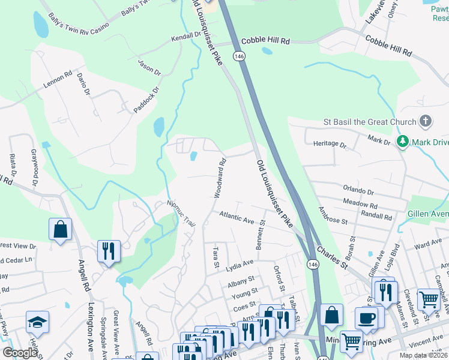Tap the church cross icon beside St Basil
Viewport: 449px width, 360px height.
pyautogui.click(x=425, y=122)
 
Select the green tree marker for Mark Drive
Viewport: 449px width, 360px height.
pyautogui.click(x=402, y=142)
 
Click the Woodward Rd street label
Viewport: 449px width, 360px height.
pyautogui.click(x=220, y=178)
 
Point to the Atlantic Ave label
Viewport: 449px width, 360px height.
pyautogui.click(x=237, y=217)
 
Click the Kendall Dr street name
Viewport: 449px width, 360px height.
pyautogui.click(x=185, y=36)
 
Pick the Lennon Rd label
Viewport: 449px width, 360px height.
pyautogui.click(x=57, y=82)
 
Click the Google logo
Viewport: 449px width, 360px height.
pyautogui.click(x=20, y=353)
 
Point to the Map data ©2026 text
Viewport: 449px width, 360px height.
pyautogui.click(x=423, y=355)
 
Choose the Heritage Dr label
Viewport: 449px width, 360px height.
pyautogui.click(x=330, y=145)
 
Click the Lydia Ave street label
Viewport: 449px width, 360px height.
pyautogui.click(x=240, y=266)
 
